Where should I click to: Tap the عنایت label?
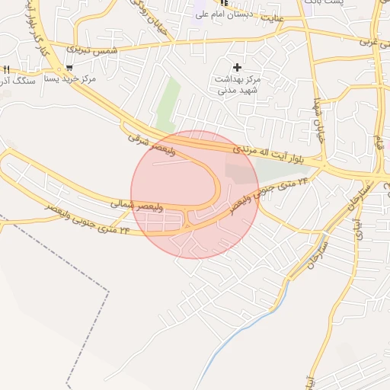click(273, 16)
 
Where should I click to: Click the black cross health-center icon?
click(238, 68)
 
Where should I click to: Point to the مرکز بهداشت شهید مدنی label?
click(239, 85)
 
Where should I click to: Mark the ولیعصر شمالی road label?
click(133, 204)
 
